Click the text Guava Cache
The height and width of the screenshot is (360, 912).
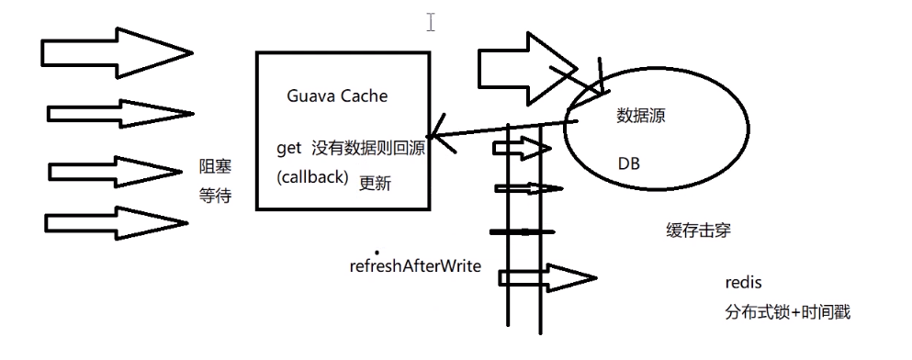point(337,95)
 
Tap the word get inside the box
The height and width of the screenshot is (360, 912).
point(289,148)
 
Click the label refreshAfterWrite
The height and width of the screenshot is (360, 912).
point(415,267)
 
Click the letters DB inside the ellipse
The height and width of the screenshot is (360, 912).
point(630,163)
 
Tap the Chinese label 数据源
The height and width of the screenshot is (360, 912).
point(641,118)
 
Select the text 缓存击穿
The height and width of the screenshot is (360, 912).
point(698,229)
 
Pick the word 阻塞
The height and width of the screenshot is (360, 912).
point(215,167)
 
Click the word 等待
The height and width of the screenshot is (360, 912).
point(215,196)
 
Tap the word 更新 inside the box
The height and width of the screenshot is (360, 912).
point(375,183)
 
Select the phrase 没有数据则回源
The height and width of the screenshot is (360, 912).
point(368,148)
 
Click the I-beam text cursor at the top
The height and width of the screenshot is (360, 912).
point(430,21)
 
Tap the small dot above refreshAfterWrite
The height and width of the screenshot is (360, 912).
point(376,251)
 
